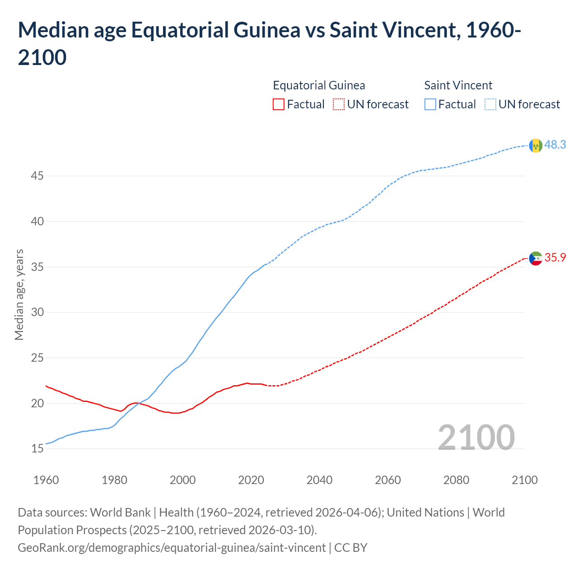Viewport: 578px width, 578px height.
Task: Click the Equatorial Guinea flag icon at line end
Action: [536, 258]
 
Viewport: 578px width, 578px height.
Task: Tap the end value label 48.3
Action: [555, 144]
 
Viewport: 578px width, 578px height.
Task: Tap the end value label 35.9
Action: [555, 257]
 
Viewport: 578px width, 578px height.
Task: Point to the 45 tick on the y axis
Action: [37, 176]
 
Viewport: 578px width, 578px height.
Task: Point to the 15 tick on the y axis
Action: [37, 448]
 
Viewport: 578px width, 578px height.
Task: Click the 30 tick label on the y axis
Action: [37, 312]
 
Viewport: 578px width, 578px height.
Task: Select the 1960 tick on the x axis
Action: [46, 480]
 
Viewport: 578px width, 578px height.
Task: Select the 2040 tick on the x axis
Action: [319, 480]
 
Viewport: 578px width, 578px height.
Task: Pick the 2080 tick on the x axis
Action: [456, 480]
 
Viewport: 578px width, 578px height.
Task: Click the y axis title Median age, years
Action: [19, 294]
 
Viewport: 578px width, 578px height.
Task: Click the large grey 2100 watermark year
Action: [476, 437]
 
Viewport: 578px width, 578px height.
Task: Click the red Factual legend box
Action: [279, 104]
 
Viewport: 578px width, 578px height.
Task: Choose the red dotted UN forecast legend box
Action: [339, 104]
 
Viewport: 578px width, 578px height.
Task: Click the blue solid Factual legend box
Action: [430, 104]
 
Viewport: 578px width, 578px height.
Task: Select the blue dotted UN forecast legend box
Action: [490, 104]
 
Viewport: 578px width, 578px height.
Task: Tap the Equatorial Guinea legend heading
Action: [319, 85]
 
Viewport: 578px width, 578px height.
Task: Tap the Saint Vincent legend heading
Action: [458, 85]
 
